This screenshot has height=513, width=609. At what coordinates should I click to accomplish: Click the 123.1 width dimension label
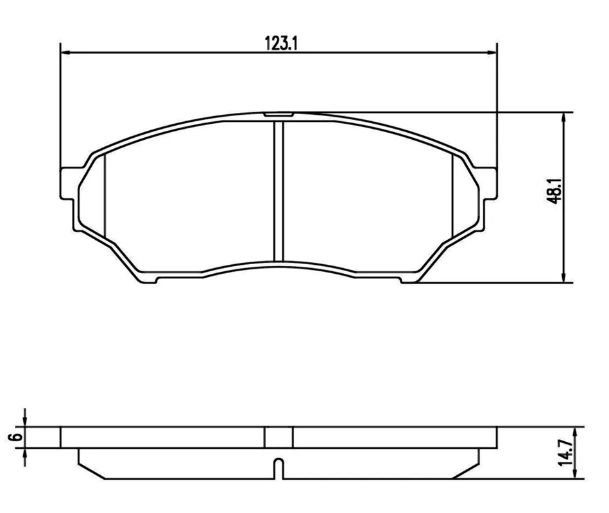click(281, 43)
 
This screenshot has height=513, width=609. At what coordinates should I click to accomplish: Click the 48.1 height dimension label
click(553, 191)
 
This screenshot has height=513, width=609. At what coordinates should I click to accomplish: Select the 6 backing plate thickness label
click(15, 437)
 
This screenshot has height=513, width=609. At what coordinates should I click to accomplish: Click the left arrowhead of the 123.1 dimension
click(65, 53)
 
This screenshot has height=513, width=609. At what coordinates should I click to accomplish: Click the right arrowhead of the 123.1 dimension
click(492, 53)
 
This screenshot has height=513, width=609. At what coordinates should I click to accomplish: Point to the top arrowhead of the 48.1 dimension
click(563, 117)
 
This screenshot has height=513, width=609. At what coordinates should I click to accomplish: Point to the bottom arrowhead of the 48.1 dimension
click(563, 278)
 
